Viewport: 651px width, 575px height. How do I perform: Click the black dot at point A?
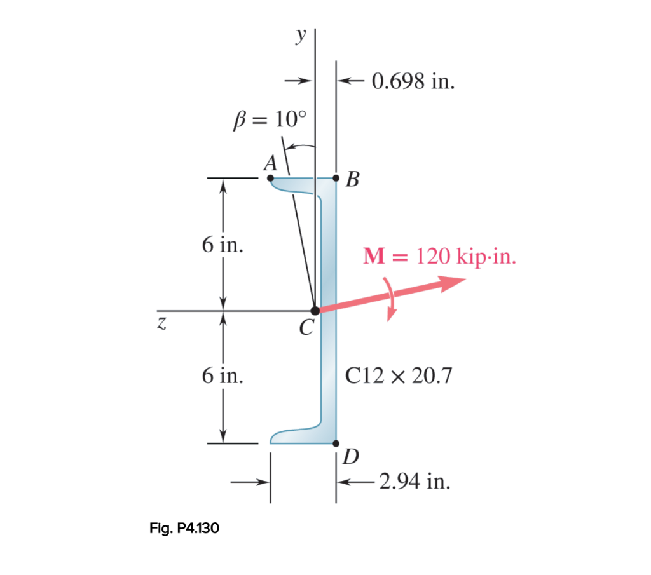coord(271,179)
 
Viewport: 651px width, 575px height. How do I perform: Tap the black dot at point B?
coord(336,179)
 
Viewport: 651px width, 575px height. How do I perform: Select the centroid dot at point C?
coord(315,311)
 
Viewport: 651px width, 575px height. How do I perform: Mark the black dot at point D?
coord(336,443)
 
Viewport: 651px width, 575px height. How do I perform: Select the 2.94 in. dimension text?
coord(414,482)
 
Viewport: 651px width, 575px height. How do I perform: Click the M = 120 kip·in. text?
coord(439,257)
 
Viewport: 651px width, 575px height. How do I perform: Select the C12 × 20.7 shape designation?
coord(399,375)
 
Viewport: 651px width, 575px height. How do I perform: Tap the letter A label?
coord(270,163)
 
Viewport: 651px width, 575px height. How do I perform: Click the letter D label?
coord(351,457)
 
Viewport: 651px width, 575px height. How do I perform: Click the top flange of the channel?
coord(299,186)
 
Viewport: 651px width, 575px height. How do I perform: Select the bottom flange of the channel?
coord(299,436)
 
